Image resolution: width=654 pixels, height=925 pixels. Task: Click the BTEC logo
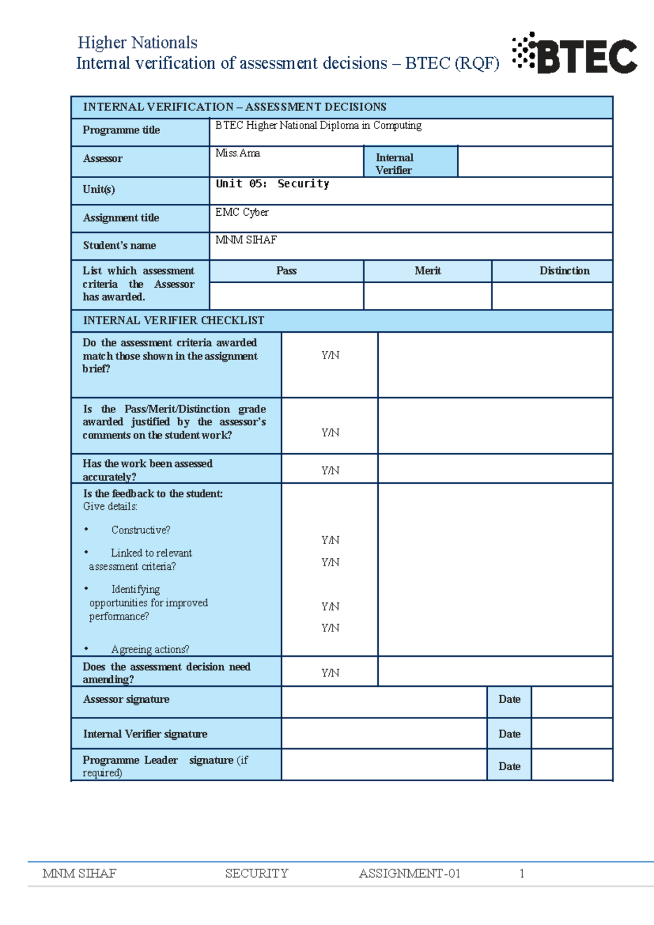[575, 53]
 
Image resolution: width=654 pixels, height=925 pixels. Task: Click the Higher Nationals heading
[137, 42]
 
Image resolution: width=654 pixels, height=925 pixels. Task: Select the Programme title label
[121, 130]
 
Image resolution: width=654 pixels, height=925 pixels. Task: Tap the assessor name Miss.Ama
[238, 153]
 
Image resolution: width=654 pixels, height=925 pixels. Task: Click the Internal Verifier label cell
[394, 163]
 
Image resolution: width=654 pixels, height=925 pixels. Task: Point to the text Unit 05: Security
[272, 184]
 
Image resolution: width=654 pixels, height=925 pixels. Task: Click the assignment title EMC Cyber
[242, 212]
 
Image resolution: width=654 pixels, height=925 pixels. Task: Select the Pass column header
[286, 271]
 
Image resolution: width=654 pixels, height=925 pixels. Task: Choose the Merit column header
[427, 271]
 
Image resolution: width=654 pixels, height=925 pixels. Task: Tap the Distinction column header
[564, 271]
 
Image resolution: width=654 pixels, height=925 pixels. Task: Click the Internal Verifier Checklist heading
[173, 320]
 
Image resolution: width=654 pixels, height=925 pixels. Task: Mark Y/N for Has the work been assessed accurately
[330, 470]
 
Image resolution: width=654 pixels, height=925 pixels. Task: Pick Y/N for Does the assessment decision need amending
[330, 673]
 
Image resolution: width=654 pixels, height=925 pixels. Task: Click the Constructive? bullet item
[141, 530]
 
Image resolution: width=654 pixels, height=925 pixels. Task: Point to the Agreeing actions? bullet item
[150, 649]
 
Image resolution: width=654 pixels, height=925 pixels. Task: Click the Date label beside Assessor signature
[509, 699]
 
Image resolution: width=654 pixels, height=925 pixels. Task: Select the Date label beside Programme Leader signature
[509, 766]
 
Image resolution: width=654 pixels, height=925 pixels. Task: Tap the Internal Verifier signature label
[145, 734]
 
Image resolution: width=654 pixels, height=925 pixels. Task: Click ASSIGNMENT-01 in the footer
[409, 873]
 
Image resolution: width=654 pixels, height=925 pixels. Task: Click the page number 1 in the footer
[522, 873]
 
